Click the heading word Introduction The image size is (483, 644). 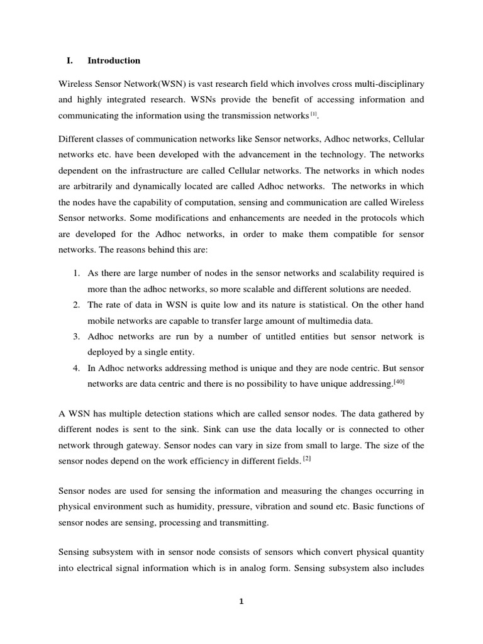tap(114, 60)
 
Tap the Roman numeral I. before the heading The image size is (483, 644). tap(70, 60)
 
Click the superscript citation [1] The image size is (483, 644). tap(314, 114)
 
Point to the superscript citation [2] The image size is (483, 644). tap(307, 458)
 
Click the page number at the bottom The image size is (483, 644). tap(241, 601)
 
